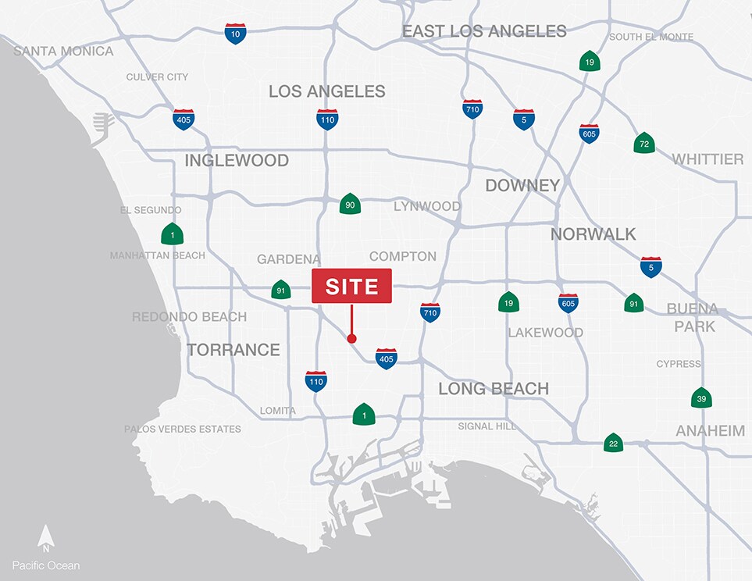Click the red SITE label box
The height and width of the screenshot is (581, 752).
[351, 286]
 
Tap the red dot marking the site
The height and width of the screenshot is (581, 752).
[351, 338]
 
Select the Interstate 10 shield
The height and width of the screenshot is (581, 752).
[235, 34]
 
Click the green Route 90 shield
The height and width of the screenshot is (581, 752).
[350, 204]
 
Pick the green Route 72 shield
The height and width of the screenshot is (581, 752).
[644, 143]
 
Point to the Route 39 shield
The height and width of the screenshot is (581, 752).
[701, 397]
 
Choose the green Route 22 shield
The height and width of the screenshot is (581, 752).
[613, 444]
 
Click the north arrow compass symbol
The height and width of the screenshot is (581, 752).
[46, 538]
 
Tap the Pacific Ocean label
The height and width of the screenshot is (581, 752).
[46, 565]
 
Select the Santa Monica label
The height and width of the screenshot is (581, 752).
[63, 52]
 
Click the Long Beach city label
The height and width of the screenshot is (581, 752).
[494, 388]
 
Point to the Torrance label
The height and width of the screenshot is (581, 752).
[233, 350]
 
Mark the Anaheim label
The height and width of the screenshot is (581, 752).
[710, 430]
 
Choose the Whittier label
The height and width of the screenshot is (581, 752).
[707, 159]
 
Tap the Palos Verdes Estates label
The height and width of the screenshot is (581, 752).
[183, 429]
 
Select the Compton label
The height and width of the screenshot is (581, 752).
[403, 256]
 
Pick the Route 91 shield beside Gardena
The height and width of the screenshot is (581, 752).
[280, 290]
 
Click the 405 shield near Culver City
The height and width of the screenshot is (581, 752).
[184, 119]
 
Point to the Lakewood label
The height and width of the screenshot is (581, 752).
[546, 333]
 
